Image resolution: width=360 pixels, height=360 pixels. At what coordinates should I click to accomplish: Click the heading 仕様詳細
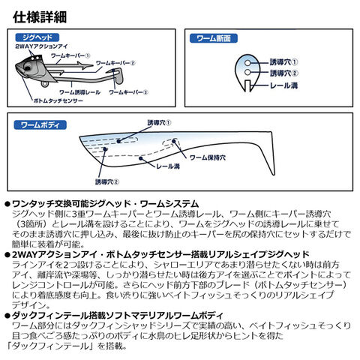(x=40, y=17)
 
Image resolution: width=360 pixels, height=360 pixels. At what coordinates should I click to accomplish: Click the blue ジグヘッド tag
(x=37, y=37)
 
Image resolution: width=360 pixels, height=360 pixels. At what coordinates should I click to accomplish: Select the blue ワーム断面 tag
(x=214, y=38)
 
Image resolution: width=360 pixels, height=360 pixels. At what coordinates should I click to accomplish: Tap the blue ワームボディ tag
(x=40, y=125)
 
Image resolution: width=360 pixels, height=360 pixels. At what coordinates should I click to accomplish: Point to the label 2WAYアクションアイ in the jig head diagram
(x=41, y=46)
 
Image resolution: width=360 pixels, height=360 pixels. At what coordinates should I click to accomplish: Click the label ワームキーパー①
(x=70, y=55)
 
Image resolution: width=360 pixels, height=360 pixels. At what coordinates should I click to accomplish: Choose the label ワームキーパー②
(x=115, y=63)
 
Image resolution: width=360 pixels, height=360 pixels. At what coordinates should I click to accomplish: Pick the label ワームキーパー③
(x=128, y=92)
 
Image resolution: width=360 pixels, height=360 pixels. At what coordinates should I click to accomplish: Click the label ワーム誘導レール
(x=80, y=92)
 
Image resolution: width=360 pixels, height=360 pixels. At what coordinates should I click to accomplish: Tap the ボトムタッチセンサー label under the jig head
(x=58, y=100)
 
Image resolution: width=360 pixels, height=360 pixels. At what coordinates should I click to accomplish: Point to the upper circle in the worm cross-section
(x=247, y=62)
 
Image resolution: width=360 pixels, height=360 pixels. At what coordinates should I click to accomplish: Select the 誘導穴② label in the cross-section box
(x=284, y=73)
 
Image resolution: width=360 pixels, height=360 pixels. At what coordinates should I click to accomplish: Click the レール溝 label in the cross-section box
(x=284, y=85)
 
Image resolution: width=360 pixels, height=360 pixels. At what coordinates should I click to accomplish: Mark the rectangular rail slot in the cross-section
(x=247, y=85)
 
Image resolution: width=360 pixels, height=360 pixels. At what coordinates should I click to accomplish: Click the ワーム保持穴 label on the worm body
(x=208, y=157)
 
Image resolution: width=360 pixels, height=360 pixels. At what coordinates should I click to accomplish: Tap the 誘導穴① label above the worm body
(x=159, y=123)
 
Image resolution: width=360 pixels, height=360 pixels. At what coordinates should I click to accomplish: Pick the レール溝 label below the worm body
(x=168, y=166)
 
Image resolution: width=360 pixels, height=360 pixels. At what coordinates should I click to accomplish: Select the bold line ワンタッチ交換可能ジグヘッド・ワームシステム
(x=105, y=204)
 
